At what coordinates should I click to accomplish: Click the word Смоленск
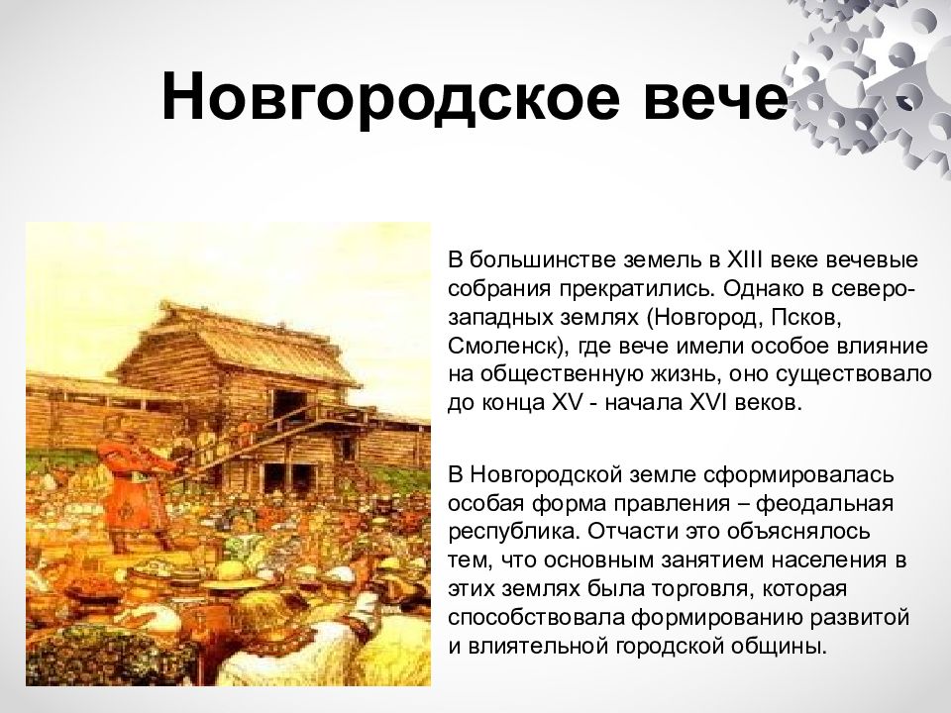tap(502, 348)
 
